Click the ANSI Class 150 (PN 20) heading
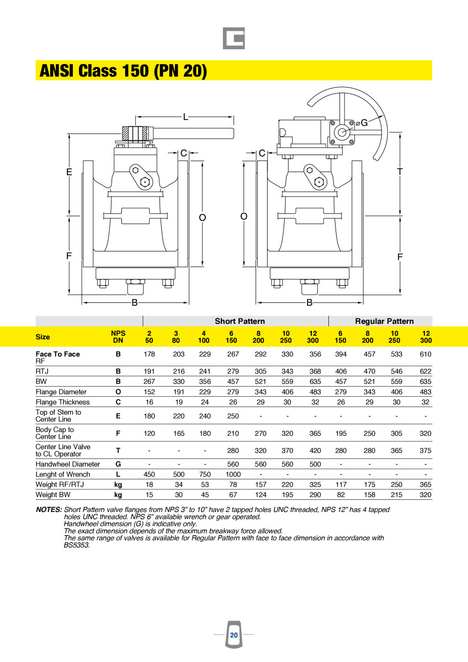click(123, 71)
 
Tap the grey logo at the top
click(234, 39)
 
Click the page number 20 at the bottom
click(234, 635)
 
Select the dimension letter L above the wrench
click(185, 116)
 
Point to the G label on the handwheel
click(364, 122)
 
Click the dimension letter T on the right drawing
click(400, 172)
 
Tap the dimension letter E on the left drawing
click(69, 172)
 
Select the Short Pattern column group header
click(240, 321)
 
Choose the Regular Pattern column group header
click(384, 321)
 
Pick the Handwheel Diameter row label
click(67, 464)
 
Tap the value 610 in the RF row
click(425, 354)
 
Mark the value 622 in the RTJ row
click(425, 371)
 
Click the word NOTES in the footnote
click(49, 510)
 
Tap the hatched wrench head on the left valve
click(135, 134)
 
